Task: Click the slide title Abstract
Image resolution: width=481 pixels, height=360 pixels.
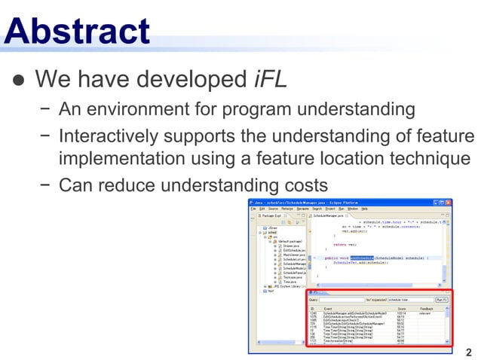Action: tap(76, 31)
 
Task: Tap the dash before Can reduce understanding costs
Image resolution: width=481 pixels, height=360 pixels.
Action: tap(45, 185)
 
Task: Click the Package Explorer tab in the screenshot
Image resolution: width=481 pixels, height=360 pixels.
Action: tap(273, 215)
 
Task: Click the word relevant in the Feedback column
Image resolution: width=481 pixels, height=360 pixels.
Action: tap(424, 313)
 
